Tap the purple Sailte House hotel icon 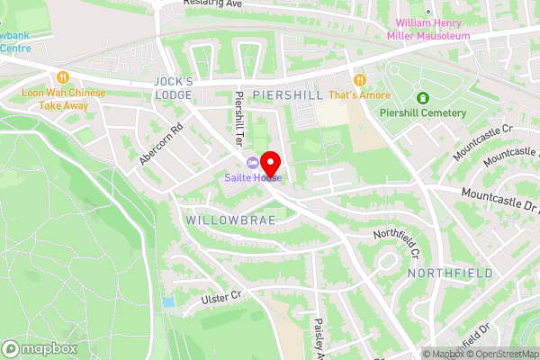pyautogui.click(x=252, y=162)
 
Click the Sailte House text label pyautogui.click(x=254, y=177)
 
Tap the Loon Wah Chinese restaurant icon pyautogui.click(x=63, y=78)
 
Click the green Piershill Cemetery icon pyautogui.click(x=422, y=97)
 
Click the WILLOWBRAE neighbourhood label pyautogui.click(x=222, y=219)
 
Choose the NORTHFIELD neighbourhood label pyautogui.click(x=450, y=273)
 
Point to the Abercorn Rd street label pyautogui.click(x=161, y=144)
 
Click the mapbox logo pyautogui.click(x=40, y=348)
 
